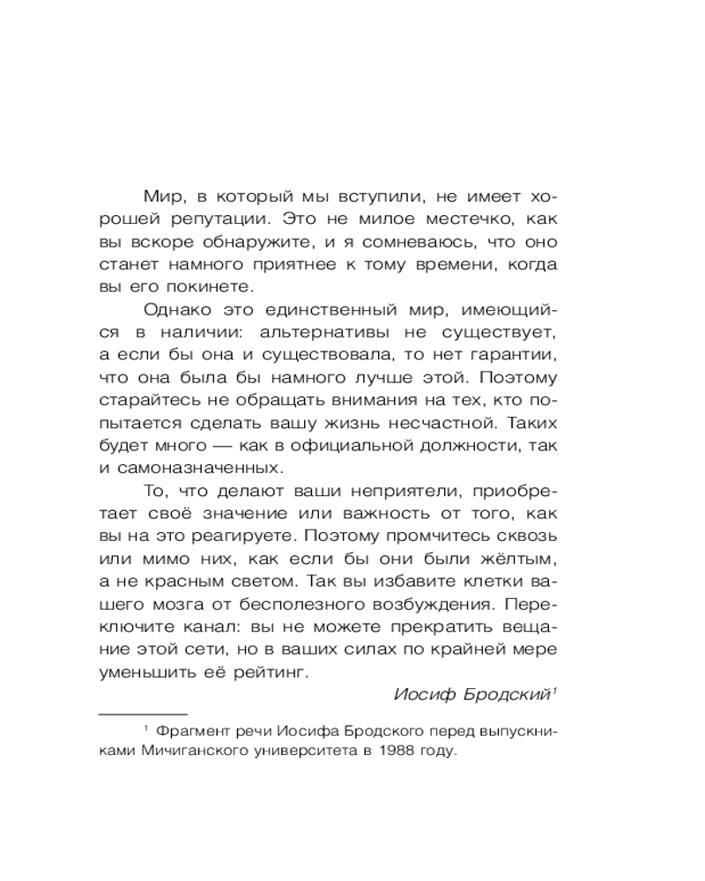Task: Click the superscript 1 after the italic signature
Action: click(554, 690)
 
